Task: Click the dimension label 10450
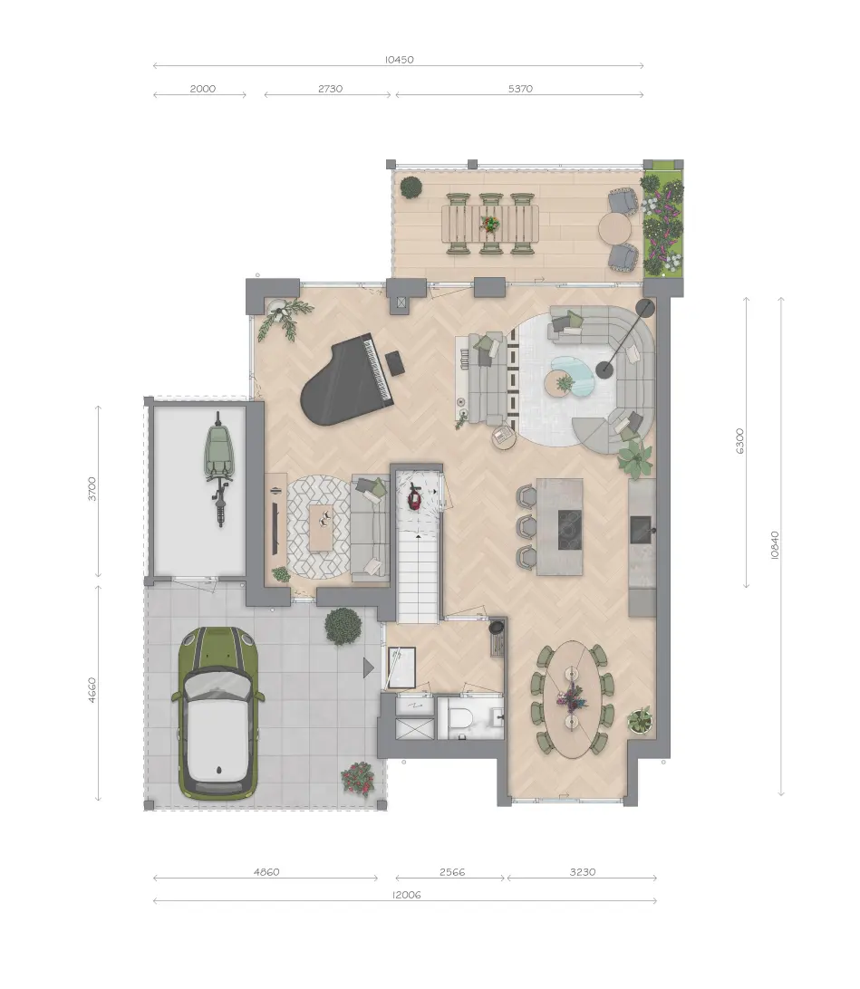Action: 399,60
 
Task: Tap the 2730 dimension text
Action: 330,89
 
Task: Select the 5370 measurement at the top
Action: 520,89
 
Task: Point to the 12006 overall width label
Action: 406,895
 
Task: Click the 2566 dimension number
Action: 452,872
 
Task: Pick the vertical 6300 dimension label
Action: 740,441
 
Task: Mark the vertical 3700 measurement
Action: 92,489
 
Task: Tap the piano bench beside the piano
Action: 395,362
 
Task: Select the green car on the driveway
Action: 217,714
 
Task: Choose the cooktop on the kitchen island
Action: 568,529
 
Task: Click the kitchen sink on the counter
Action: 641,530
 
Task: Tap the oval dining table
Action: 573,699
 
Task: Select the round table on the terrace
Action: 615,228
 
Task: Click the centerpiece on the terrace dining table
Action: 489,224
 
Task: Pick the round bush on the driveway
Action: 343,626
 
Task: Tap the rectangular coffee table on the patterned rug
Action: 321,527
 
